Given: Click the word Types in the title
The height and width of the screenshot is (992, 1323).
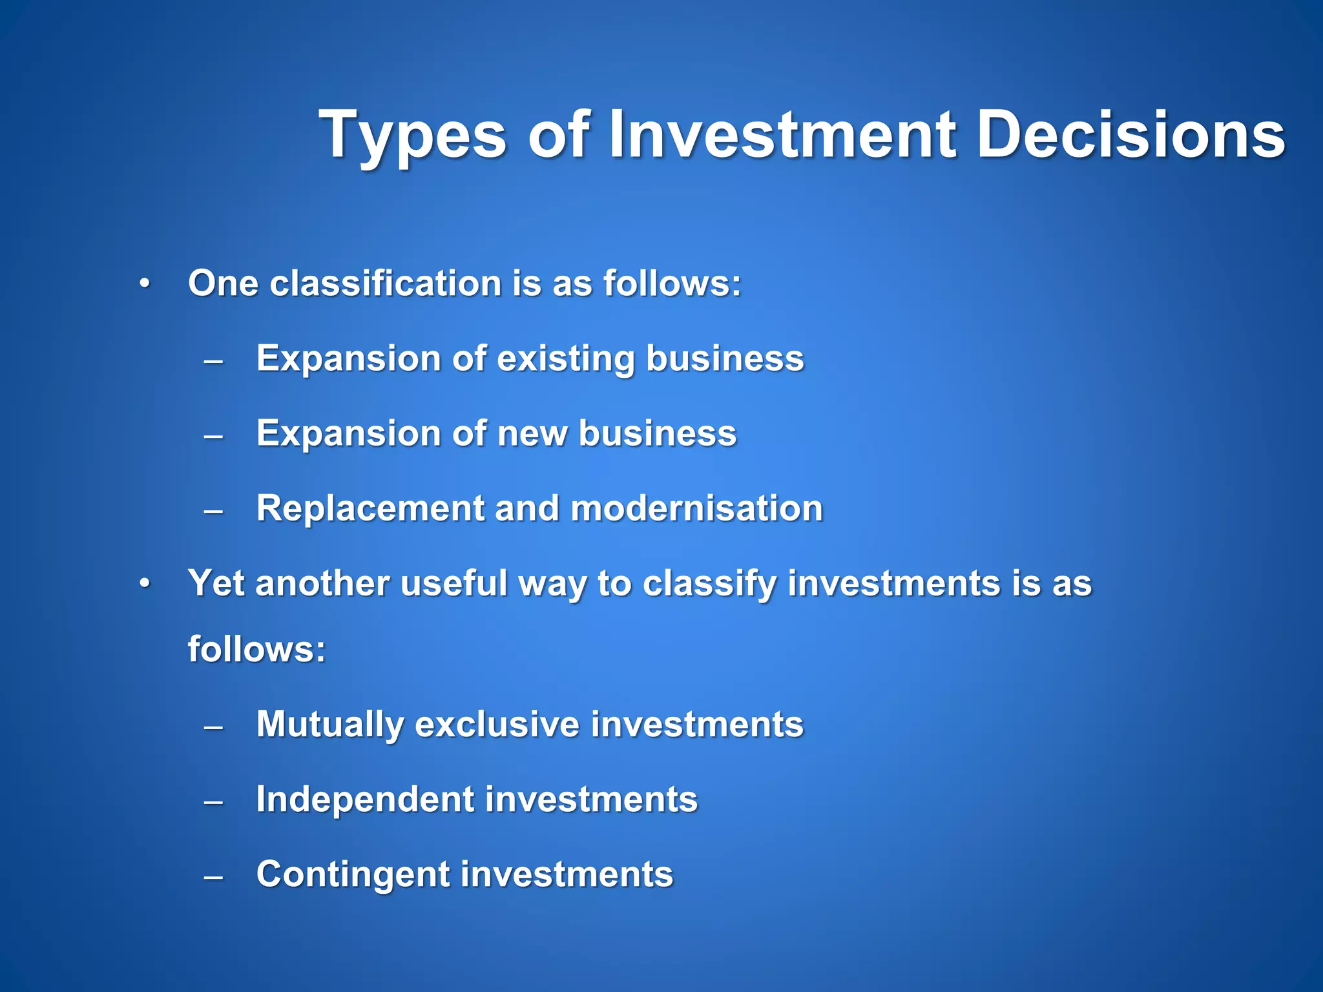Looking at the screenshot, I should point(413,136).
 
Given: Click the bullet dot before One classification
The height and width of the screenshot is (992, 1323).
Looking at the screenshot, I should point(145,284).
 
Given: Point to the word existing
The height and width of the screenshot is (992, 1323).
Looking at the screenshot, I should point(566,358).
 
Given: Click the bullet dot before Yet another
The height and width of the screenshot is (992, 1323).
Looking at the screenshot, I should point(145,583).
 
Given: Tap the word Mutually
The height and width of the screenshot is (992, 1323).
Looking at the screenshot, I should point(329,724).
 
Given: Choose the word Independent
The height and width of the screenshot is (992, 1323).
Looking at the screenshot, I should point(365,799).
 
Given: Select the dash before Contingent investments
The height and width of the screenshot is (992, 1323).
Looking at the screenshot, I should point(213,877).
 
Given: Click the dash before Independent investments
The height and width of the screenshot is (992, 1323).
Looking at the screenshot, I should point(213,802).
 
